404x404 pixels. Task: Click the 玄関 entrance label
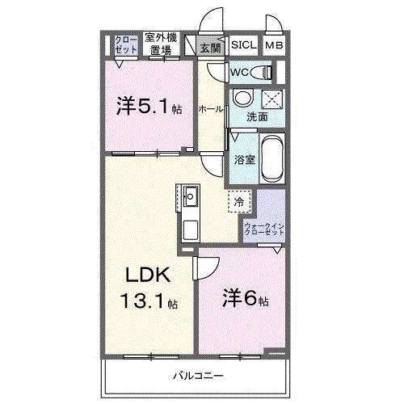click(209, 48)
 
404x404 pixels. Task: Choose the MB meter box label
click(275, 46)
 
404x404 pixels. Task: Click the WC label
click(239, 73)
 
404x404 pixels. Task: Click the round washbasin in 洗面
click(242, 100)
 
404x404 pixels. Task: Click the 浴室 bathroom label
click(244, 159)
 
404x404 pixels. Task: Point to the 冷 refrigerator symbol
click(239, 201)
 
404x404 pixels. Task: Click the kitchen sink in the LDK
click(191, 196)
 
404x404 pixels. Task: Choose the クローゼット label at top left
click(124, 44)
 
